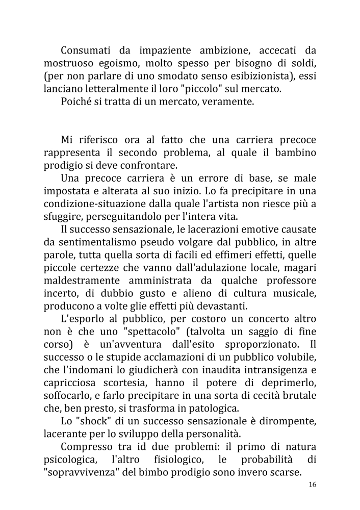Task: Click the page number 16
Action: coord(312,484)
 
